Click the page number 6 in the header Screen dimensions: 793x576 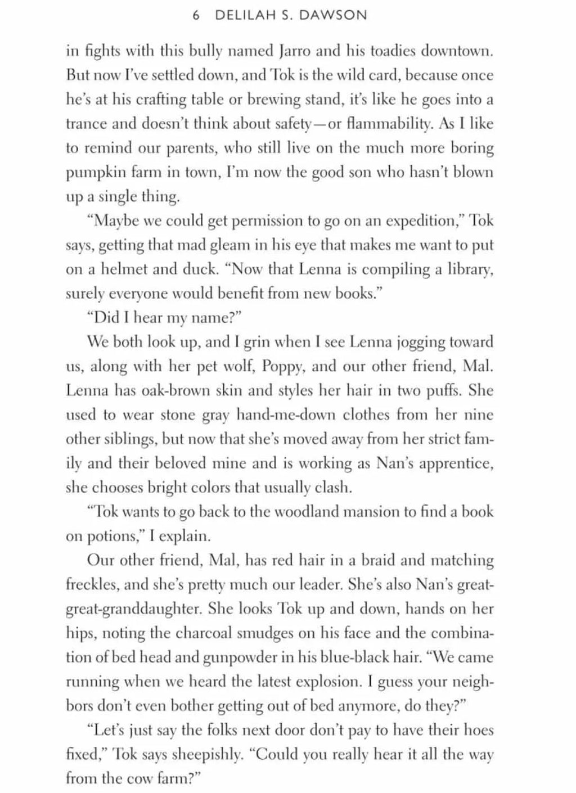196,16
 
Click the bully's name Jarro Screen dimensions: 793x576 294,51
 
